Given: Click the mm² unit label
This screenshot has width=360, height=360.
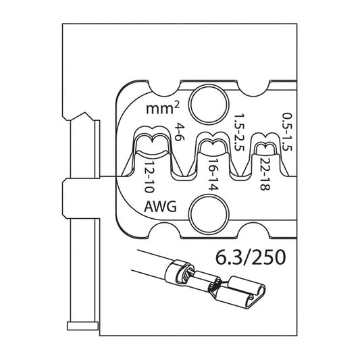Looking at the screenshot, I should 160,109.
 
